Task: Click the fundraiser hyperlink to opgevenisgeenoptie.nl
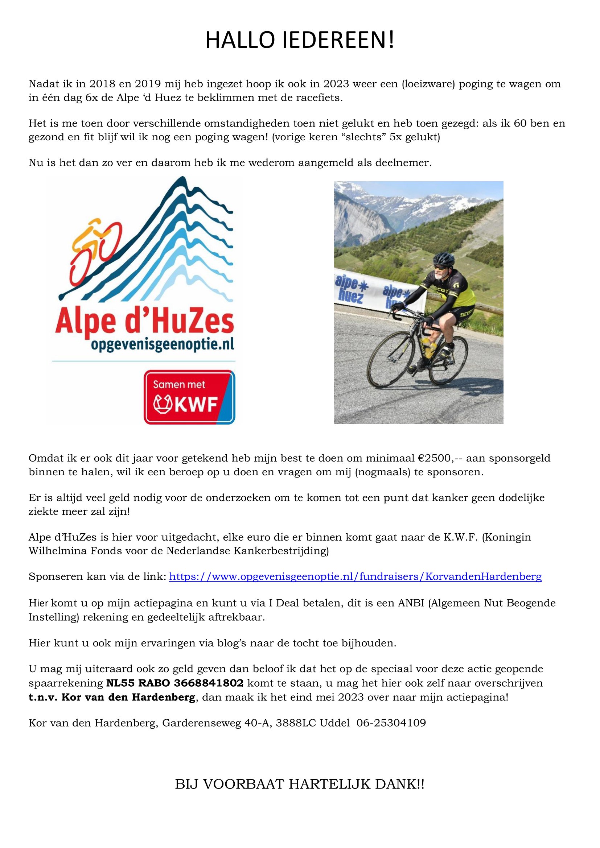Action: (x=355, y=576)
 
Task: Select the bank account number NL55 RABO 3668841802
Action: (x=174, y=683)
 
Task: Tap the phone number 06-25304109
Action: (x=391, y=723)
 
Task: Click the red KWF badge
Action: (x=189, y=397)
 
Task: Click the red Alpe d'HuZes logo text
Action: (x=144, y=322)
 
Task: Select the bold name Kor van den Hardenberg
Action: (x=128, y=698)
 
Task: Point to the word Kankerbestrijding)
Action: (x=281, y=551)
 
